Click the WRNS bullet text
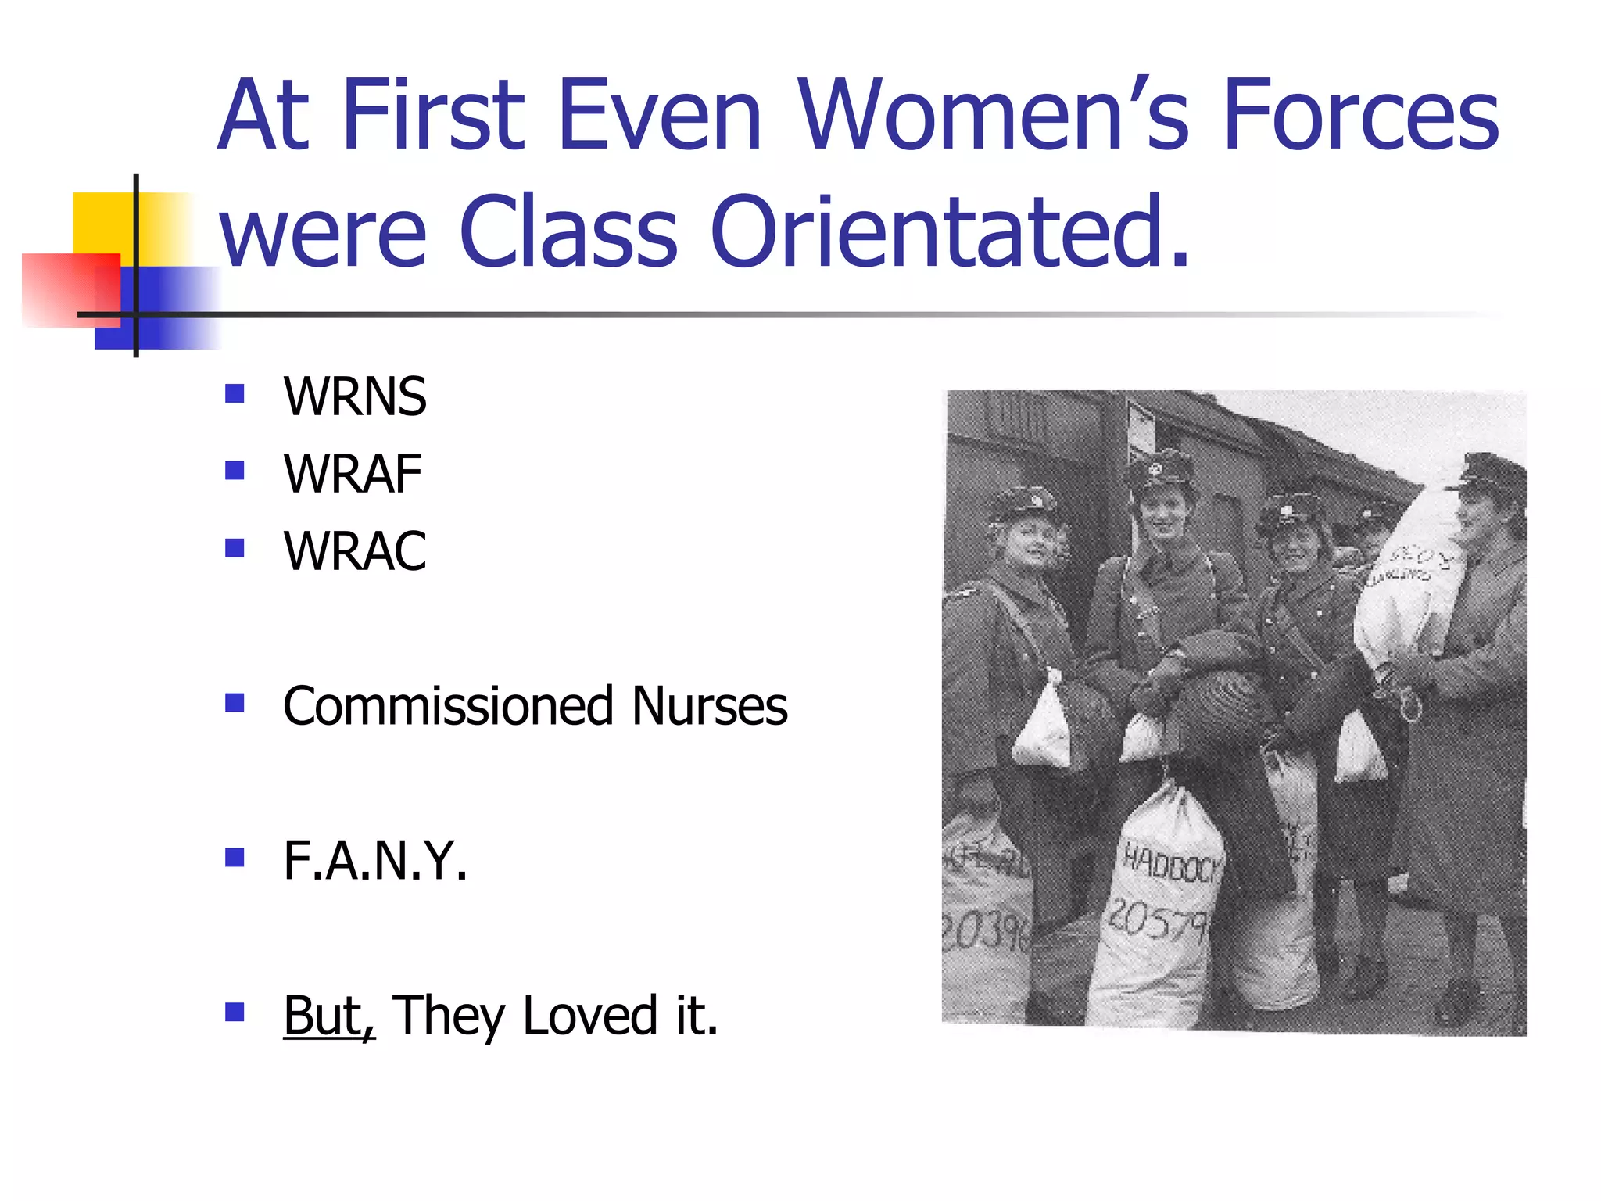pos(355,396)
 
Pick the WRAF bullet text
pos(353,474)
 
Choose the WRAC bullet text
pos(355,551)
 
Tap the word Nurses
pos(709,706)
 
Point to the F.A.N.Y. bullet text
pos(375,861)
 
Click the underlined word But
pos(328,1016)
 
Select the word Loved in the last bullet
pos(590,1016)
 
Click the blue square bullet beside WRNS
pos(235,393)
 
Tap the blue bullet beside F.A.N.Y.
pos(235,858)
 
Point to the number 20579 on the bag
pos(1157,919)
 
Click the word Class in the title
pos(568,232)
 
